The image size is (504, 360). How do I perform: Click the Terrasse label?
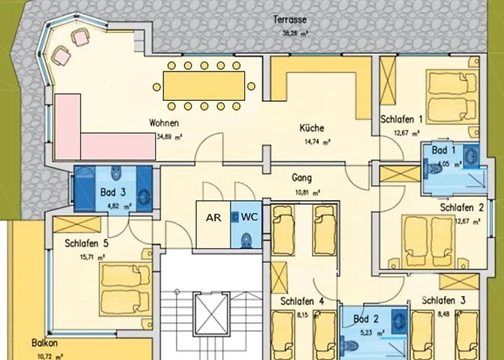tap(291, 19)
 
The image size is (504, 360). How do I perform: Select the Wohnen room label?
tap(163, 123)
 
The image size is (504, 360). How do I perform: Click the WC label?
tap(249, 217)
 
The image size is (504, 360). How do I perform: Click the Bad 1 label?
tap(444, 150)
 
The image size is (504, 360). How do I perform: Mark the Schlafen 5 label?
tap(86, 243)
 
